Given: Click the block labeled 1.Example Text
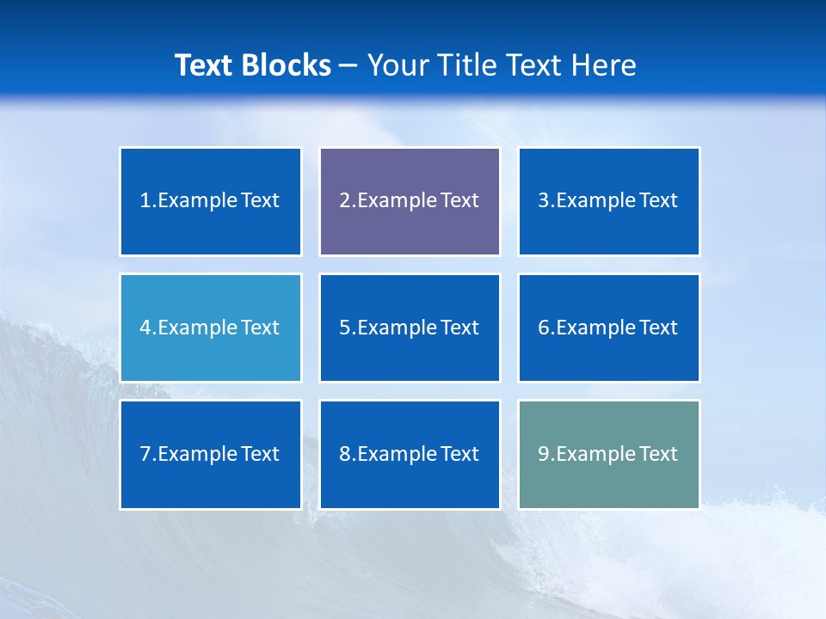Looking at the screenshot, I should pyautogui.click(x=211, y=201).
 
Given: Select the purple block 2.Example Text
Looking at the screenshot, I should pyautogui.click(x=410, y=201).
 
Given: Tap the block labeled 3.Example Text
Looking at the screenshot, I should pyautogui.click(x=609, y=201).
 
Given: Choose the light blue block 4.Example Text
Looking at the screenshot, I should pyautogui.click(x=211, y=328).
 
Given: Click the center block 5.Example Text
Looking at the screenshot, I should pyautogui.click(x=410, y=328).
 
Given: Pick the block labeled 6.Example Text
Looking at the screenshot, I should pyautogui.click(x=609, y=328).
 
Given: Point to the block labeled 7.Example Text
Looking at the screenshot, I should pyautogui.click(x=211, y=454).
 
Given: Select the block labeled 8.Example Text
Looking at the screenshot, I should pyautogui.click(x=410, y=454).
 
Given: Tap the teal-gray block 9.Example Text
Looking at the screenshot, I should pyautogui.click(x=609, y=454).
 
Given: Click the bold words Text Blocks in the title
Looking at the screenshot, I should pyautogui.click(x=253, y=65).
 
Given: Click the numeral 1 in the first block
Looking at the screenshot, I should pyautogui.click(x=145, y=201).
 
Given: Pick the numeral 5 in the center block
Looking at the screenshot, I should pyautogui.click(x=344, y=328).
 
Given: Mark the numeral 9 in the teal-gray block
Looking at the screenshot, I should pyautogui.click(x=544, y=454).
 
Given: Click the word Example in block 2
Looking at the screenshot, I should pyautogui.click(x=397, y=201).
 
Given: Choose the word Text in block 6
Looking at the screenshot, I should pyautogui.click(x=658, y=328).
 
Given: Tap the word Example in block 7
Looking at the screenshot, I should pyautogui.click(x=197, y=454).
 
